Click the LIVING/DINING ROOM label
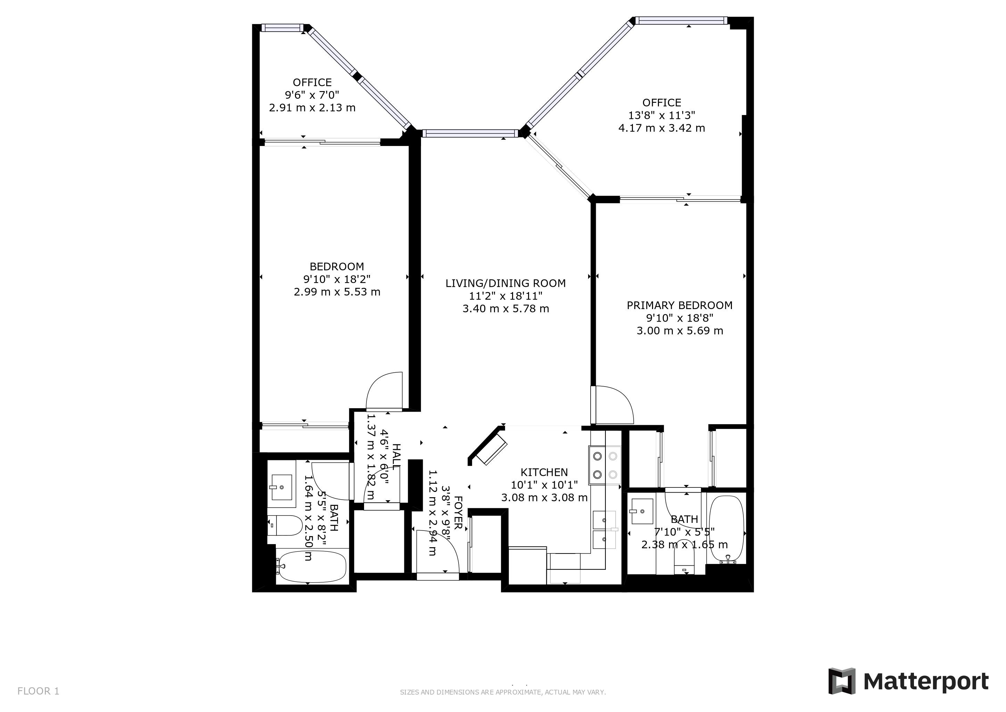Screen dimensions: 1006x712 (506, 283)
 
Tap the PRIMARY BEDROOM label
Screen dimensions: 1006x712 (679, 305)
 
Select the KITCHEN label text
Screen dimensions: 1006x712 (544, 472)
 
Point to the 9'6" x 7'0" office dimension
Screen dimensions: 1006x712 (312, 95)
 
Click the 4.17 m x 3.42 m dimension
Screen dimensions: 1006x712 (662, 128)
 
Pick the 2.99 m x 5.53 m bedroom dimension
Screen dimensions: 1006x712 (337, 292)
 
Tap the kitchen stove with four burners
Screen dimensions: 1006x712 (605, 465)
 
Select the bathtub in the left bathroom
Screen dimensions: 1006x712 (312, 567)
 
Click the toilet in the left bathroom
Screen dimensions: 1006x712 (285, 525)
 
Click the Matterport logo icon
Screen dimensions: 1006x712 (841, 681)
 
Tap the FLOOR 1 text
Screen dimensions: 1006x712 (38, 691)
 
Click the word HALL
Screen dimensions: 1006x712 (396, 456)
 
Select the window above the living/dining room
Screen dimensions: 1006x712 (470, 133)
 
